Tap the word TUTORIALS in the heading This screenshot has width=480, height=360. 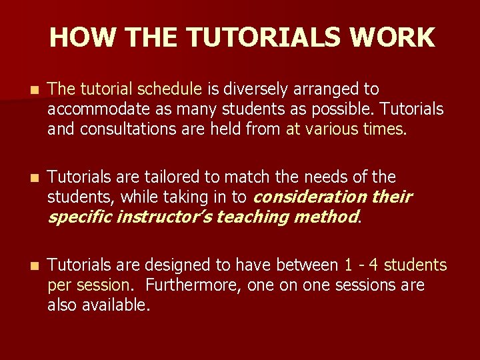(273, 37)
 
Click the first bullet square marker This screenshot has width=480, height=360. (25, 89)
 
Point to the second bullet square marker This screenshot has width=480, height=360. (25, 178)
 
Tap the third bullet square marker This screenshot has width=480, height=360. (25, 266)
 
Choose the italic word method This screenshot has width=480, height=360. (324, 217)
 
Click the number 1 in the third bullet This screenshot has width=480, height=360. (349, 265)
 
